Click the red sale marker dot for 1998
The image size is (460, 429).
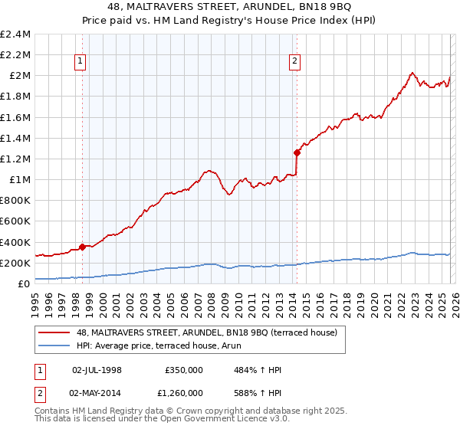click(82, 247)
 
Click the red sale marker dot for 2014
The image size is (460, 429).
click(296, 152)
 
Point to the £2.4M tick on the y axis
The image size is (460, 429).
click(15, 34)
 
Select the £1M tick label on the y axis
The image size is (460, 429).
click(20, 180)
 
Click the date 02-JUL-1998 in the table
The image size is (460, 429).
click(97, 370)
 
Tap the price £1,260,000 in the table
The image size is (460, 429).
click(183, 391)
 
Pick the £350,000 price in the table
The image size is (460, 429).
click(183, 370)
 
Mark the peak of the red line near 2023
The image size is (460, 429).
click(412, 74)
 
